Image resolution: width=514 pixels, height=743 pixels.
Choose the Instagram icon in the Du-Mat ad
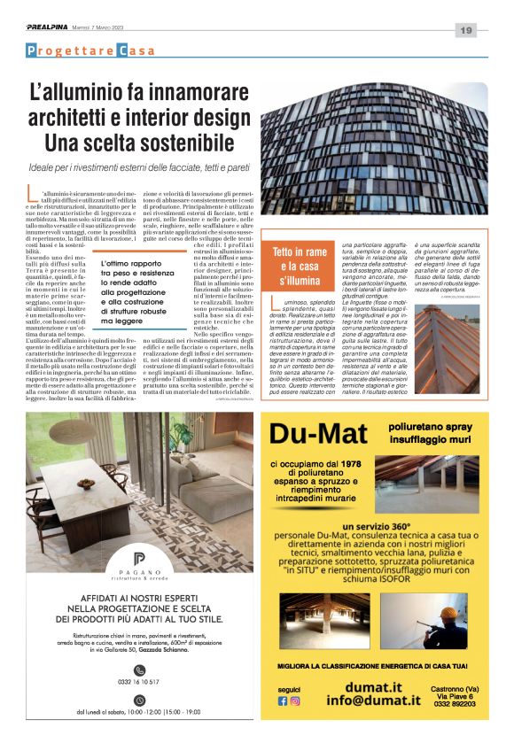[295, 700]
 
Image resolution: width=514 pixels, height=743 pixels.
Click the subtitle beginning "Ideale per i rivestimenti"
[151, 166]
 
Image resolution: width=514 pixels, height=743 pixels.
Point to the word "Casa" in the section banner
[136, 51]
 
